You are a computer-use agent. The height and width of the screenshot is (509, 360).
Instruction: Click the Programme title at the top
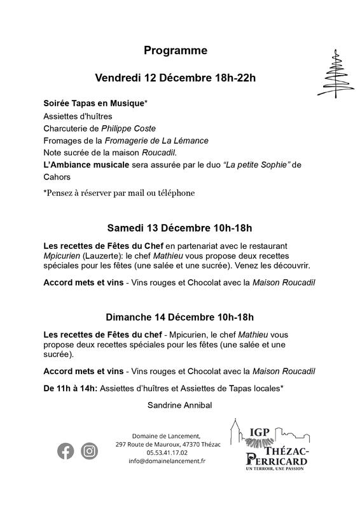click(175, 50)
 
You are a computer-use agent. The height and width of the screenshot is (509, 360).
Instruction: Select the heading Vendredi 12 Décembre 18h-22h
click(175, 78)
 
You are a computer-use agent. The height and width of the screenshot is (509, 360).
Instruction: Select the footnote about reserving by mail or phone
click(118, 192)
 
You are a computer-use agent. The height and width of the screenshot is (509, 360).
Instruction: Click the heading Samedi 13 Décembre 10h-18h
click(180, 228)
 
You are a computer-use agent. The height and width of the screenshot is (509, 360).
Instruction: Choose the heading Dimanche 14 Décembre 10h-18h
click(180, 317)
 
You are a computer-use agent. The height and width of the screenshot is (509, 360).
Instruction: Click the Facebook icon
click(66, 451)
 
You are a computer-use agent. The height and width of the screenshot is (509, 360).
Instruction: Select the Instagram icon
click(90, 451)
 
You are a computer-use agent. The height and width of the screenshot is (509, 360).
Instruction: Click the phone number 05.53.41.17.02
click(167, 452)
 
